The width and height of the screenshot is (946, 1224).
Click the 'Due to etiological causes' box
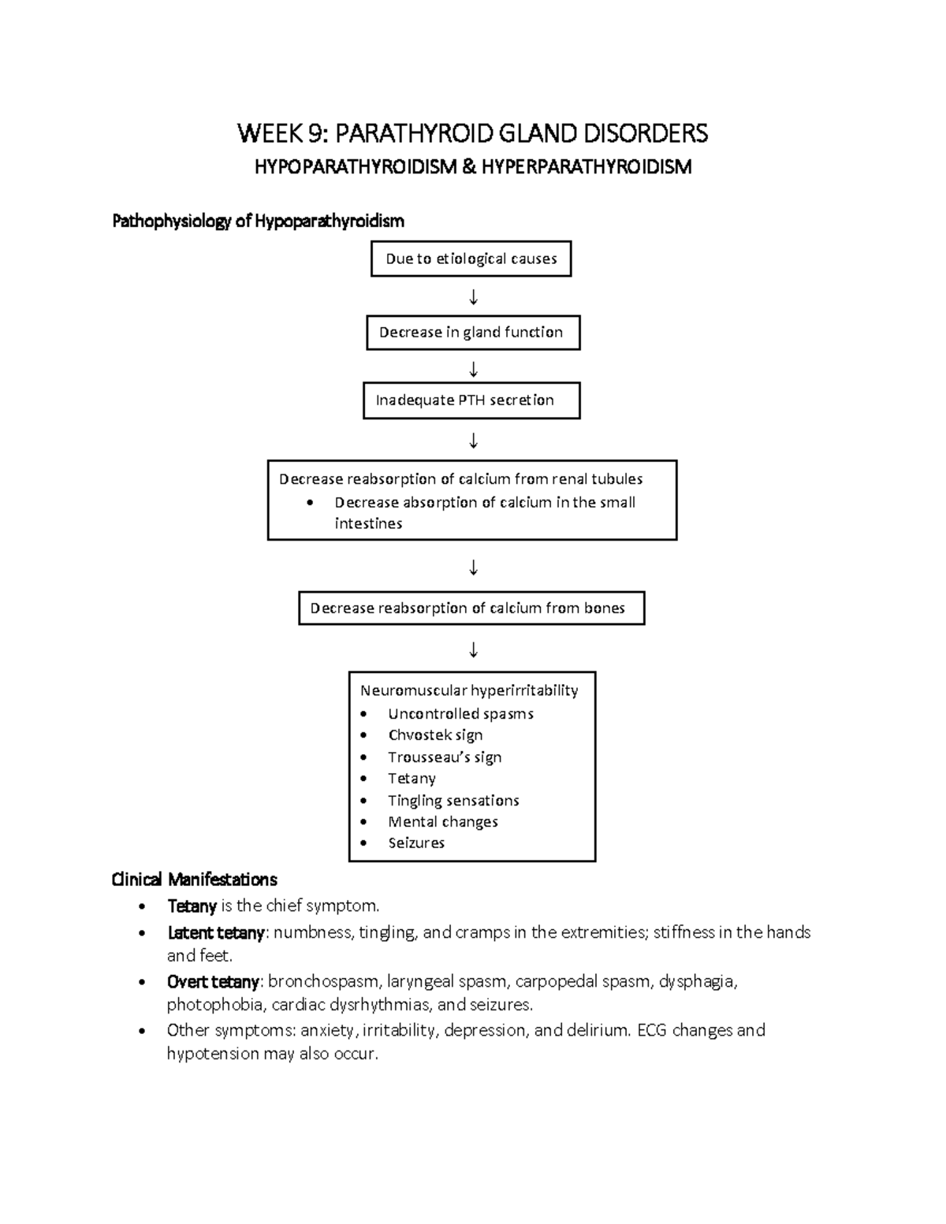pyautogui.click(x=471, y=259)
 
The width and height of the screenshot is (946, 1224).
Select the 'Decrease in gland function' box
pyautogui.click(x=472, y=333)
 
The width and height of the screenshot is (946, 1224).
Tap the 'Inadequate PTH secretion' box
pyautogui.click(x=471, y=400)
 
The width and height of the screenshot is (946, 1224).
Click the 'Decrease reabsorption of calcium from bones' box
pyautogui.click(x=471, y=608)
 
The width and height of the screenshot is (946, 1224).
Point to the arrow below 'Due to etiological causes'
pyautogui.click(x=473, y=297)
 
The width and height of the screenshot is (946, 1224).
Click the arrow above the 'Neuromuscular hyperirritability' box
pyautogui.click(x=473, y=649)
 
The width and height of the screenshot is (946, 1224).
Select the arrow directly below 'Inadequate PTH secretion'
pyautogui.click(x=473, y=440)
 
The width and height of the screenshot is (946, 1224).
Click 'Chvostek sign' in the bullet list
pyautogui.click(x=435, y=735)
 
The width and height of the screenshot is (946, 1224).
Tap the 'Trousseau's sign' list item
pyautogui.click(x=445, y=757)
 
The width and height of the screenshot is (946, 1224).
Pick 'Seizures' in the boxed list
pyautogui.click(x=416, y=843)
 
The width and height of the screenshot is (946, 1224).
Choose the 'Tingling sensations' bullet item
pyautogui.click(x=453, y=800)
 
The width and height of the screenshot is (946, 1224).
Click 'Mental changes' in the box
pyautogui.click(x=443, y=821)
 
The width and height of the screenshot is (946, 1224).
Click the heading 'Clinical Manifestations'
pyautogui.click(x=195, y=879)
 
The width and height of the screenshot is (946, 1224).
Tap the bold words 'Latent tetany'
pyautogui.click(x=216, y=932)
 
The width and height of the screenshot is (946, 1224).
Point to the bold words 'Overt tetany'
pyautogui.click(x=213, y=982)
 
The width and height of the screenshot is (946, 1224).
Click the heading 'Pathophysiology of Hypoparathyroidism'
pyautogui.click(x=258, y=221)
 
